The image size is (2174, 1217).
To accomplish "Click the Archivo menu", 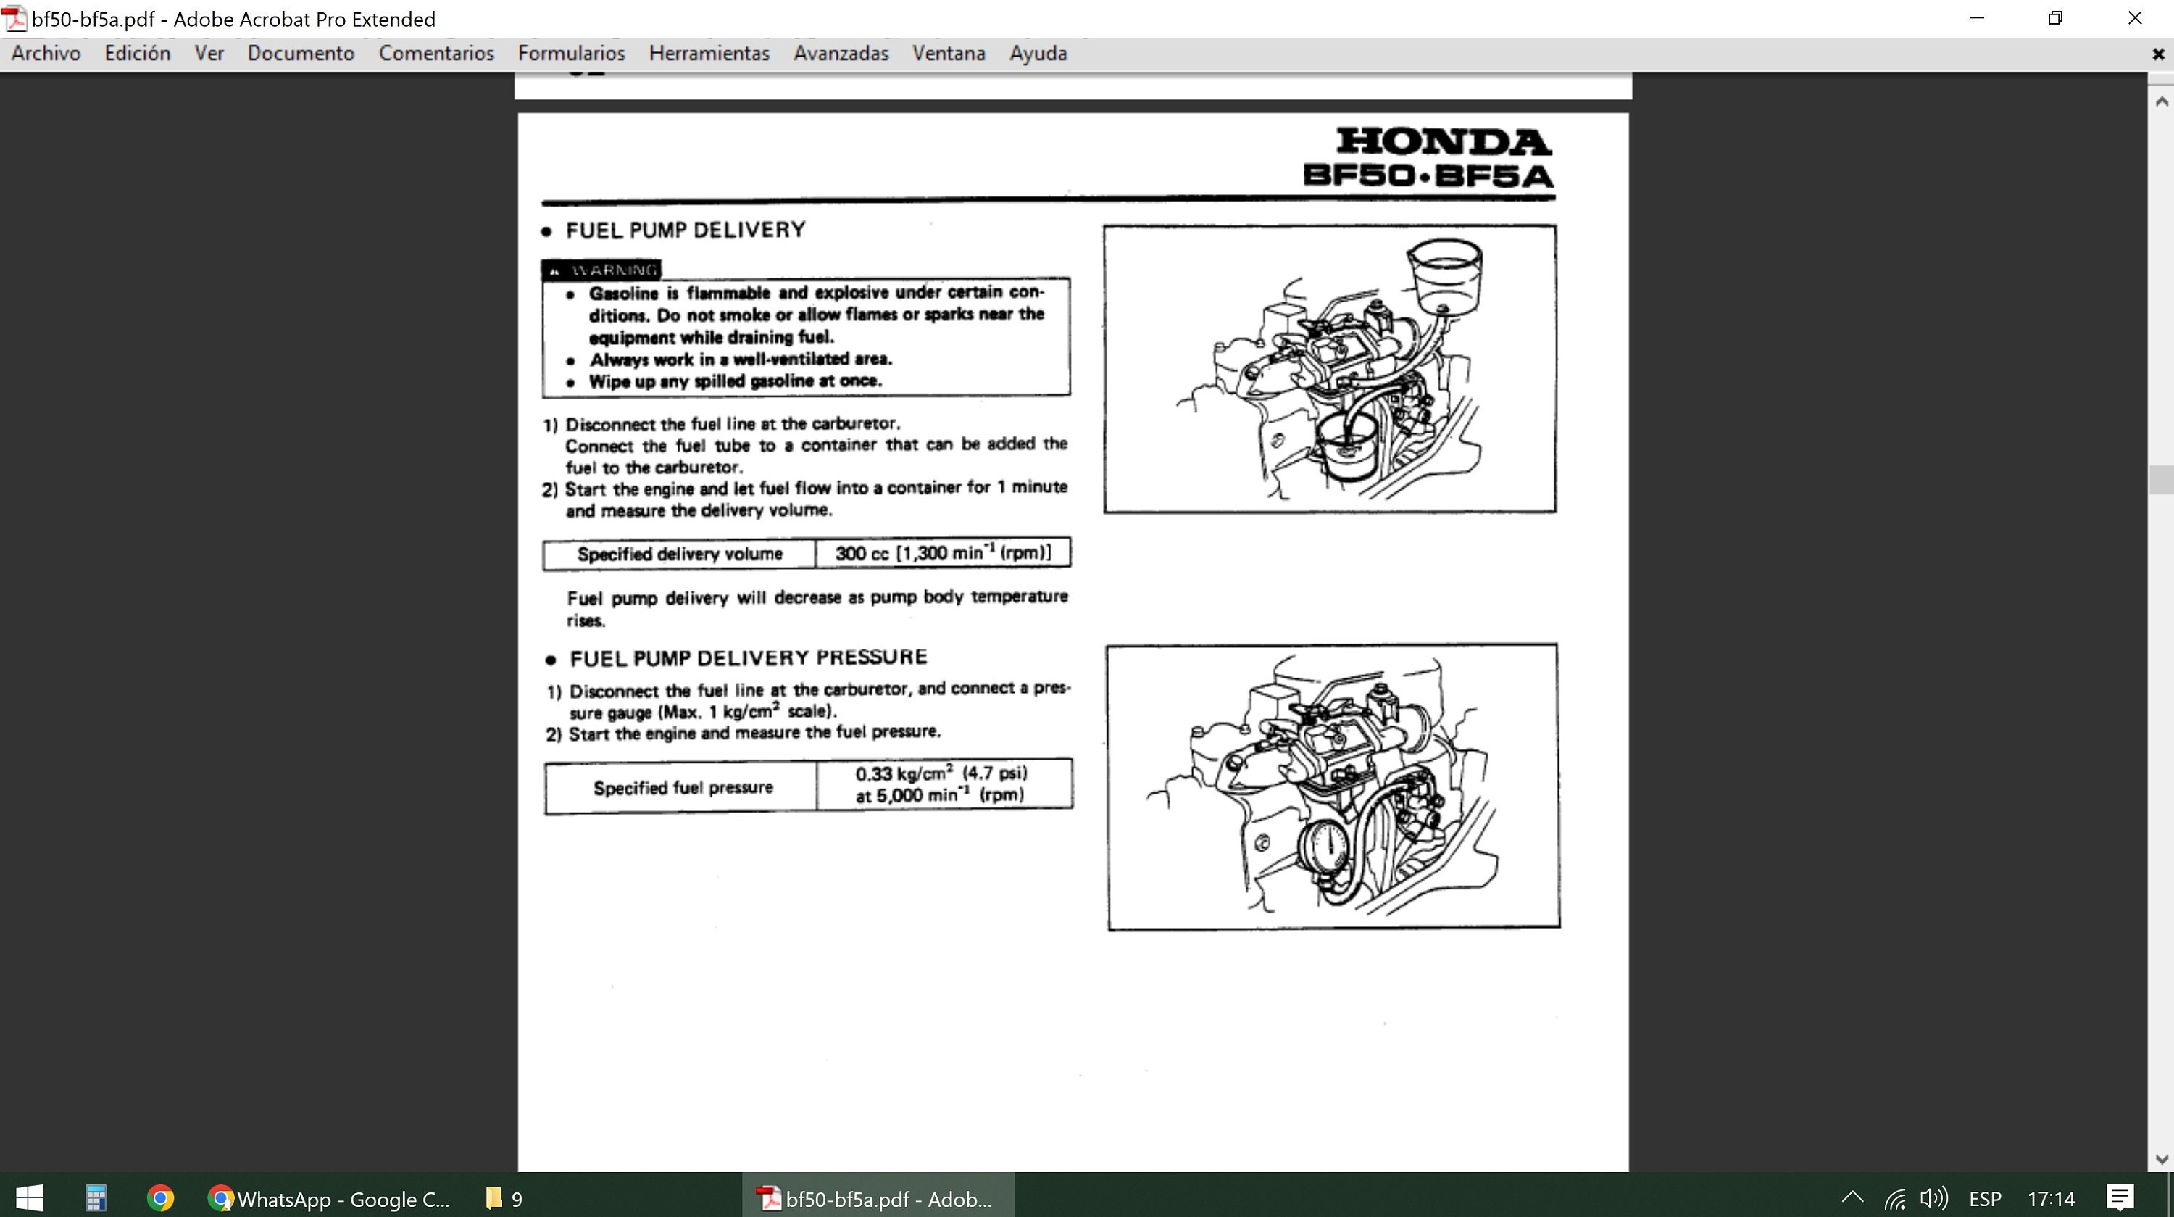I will tap(46, 53).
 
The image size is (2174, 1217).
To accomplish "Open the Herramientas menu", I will tap(709, 53).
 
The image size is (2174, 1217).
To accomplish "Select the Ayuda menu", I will tap(1038, 53).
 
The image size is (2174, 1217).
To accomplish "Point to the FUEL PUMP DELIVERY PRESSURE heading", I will tap(748, 657).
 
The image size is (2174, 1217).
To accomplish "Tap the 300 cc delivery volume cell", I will tap(943, 553).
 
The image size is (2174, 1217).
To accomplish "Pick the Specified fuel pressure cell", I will tap(682, 787).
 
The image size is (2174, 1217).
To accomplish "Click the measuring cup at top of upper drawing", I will tap(1445, 274).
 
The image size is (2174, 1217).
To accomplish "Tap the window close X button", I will tap(2134, 19).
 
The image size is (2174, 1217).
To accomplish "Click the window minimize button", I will tap(1976, 19).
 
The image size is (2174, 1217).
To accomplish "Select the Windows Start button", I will tap(30, 1197).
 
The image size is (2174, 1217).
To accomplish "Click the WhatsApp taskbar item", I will tap(329, 1198).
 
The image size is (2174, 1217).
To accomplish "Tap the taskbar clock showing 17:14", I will tap(2051, 1198).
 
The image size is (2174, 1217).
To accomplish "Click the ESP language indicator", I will tap(1985, 1198).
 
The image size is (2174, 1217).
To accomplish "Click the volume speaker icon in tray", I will tap(1933, 1198).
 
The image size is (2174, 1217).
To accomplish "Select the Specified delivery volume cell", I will tap(680, 554).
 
